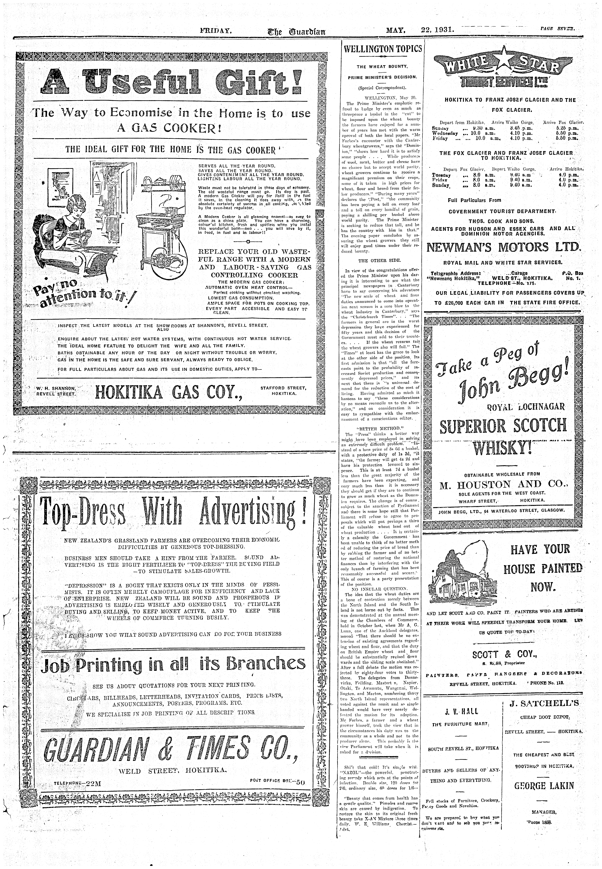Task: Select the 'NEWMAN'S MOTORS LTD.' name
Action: point(504,247)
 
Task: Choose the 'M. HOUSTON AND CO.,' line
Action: point(504,485)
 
